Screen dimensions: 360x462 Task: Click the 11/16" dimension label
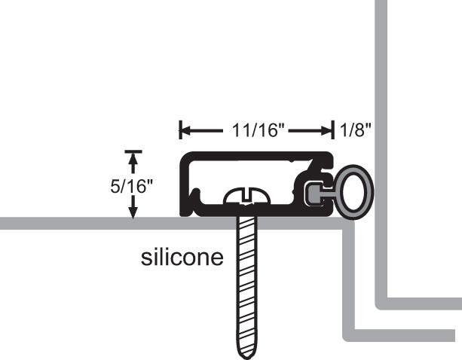(x=258, y=131)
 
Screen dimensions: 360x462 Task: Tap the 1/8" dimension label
(x=356, y=131)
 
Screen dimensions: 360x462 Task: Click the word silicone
(x=182, y=258)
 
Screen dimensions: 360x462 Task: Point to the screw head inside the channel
(x=246, y=197)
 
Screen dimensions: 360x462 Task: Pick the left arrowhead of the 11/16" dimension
(x=183, y=131)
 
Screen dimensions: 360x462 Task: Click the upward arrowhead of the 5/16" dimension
(x=133, y=159)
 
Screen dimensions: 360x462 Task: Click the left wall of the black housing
(x=183, y=185)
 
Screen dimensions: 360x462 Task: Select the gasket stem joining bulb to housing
(x=328, y=194)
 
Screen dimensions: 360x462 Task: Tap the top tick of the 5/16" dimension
(x=133, y=151)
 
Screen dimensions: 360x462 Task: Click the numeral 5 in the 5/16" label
(x=115, y=186)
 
